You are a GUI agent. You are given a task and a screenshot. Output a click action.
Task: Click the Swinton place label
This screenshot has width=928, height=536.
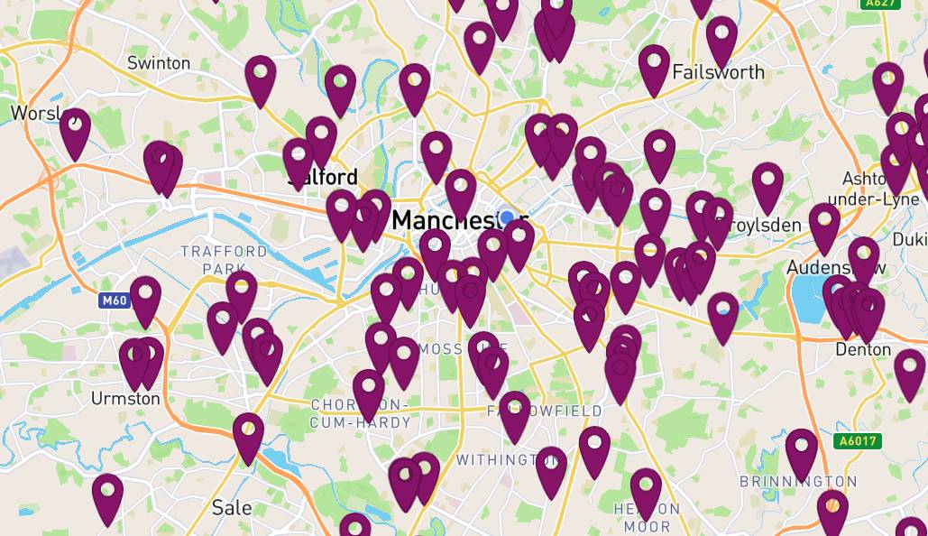159,63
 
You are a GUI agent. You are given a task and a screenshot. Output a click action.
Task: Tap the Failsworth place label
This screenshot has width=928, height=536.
718,72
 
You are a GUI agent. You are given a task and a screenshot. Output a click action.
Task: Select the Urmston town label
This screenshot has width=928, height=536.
125,398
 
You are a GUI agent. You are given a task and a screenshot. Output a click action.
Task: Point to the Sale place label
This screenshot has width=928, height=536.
232,507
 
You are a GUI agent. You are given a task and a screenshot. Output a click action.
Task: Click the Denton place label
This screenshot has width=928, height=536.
863,349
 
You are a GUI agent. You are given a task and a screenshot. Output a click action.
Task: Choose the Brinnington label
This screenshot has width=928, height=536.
798,481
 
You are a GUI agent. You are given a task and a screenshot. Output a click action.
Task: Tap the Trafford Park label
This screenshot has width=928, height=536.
224,259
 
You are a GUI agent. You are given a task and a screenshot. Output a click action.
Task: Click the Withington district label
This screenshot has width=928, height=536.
499,460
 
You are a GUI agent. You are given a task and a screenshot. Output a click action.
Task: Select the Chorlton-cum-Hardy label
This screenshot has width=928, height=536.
360,413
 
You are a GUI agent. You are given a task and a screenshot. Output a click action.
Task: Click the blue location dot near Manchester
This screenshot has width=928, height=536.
507,217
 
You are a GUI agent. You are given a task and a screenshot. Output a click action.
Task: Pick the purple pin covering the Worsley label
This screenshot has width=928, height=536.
75,132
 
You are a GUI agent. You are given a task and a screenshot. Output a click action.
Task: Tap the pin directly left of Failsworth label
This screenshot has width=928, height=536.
654,68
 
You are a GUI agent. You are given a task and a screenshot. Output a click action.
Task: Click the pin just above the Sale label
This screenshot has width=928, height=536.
248,435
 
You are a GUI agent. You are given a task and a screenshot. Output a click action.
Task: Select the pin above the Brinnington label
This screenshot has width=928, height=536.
801,451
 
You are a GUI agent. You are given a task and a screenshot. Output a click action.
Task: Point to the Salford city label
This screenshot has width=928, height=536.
322,178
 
